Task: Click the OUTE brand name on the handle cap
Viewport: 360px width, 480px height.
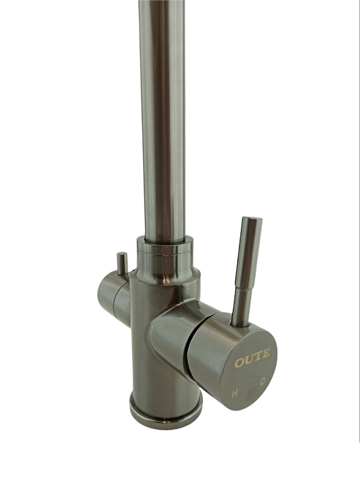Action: click(x=252, y=356)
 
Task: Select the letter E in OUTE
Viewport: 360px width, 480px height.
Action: click(x=266, y=353)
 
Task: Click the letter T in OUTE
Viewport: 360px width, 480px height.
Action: click(x=258, y=356)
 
